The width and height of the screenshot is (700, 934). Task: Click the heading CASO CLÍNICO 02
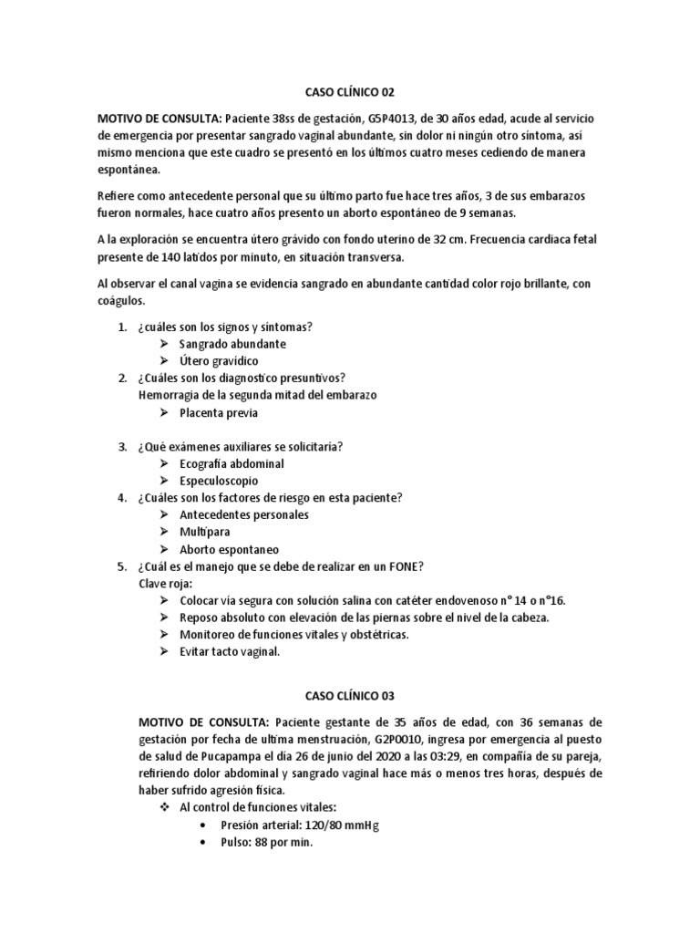(350, 93)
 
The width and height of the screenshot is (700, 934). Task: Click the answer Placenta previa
(219, 412)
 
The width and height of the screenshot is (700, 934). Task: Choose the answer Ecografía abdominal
(232, 463)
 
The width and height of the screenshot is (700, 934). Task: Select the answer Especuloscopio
(219, 481)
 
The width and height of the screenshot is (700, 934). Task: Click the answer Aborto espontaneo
(230, 549)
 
